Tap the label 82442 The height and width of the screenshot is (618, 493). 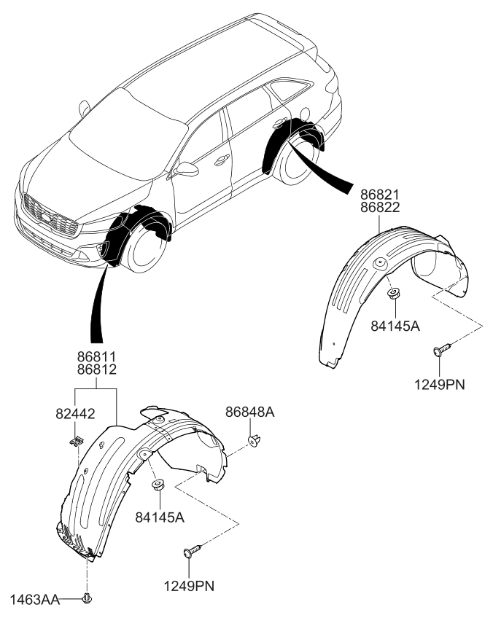(75, 412)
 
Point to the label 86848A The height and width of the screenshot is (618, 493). (249, 412)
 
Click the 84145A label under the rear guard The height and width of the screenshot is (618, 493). (395, 326)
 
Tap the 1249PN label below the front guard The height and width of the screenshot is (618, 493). (190, 584)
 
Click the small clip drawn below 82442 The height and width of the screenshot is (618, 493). (75, 440)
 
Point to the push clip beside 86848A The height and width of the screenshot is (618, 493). (255, 440)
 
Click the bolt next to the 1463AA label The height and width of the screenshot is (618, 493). (88, 599)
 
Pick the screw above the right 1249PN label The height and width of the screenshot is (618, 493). (438, 351)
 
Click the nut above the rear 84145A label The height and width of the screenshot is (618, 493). (393, 294)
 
